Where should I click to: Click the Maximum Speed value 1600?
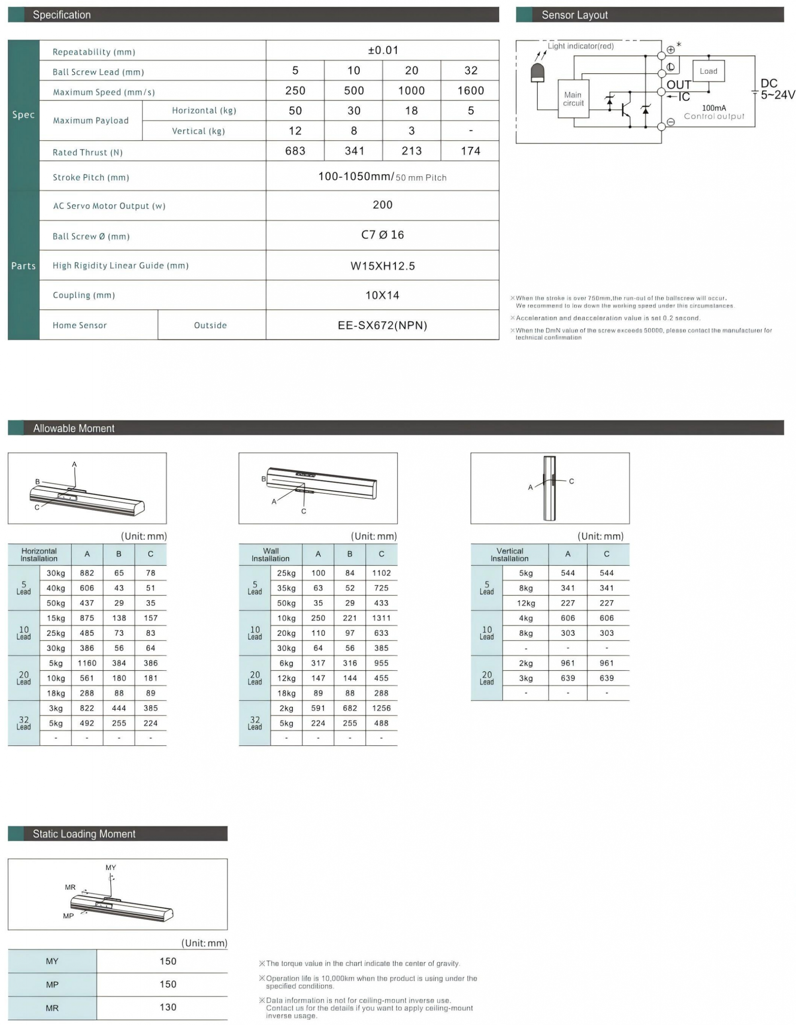[470, 91]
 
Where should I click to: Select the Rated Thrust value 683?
[295, 151]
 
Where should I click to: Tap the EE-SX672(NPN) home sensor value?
[382, 325]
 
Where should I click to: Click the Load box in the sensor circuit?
[708, 71]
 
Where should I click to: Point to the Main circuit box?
[573, 99]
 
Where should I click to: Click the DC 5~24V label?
[777, 89]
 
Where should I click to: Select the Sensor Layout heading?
[574, 15]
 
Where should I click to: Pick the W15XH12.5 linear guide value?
[382, 266]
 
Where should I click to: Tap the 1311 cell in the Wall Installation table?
[381, 618]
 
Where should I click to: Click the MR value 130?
[168, 1007]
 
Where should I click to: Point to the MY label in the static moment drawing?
[111, 867]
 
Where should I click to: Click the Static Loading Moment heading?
[84, 834]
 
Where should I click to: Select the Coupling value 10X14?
[382, 295]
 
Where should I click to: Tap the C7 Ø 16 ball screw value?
[382, 235]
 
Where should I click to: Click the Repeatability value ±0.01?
[382, 50]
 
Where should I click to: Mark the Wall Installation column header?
[270, 554]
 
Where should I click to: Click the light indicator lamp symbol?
[537, 73]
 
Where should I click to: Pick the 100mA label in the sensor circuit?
[713, 108]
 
